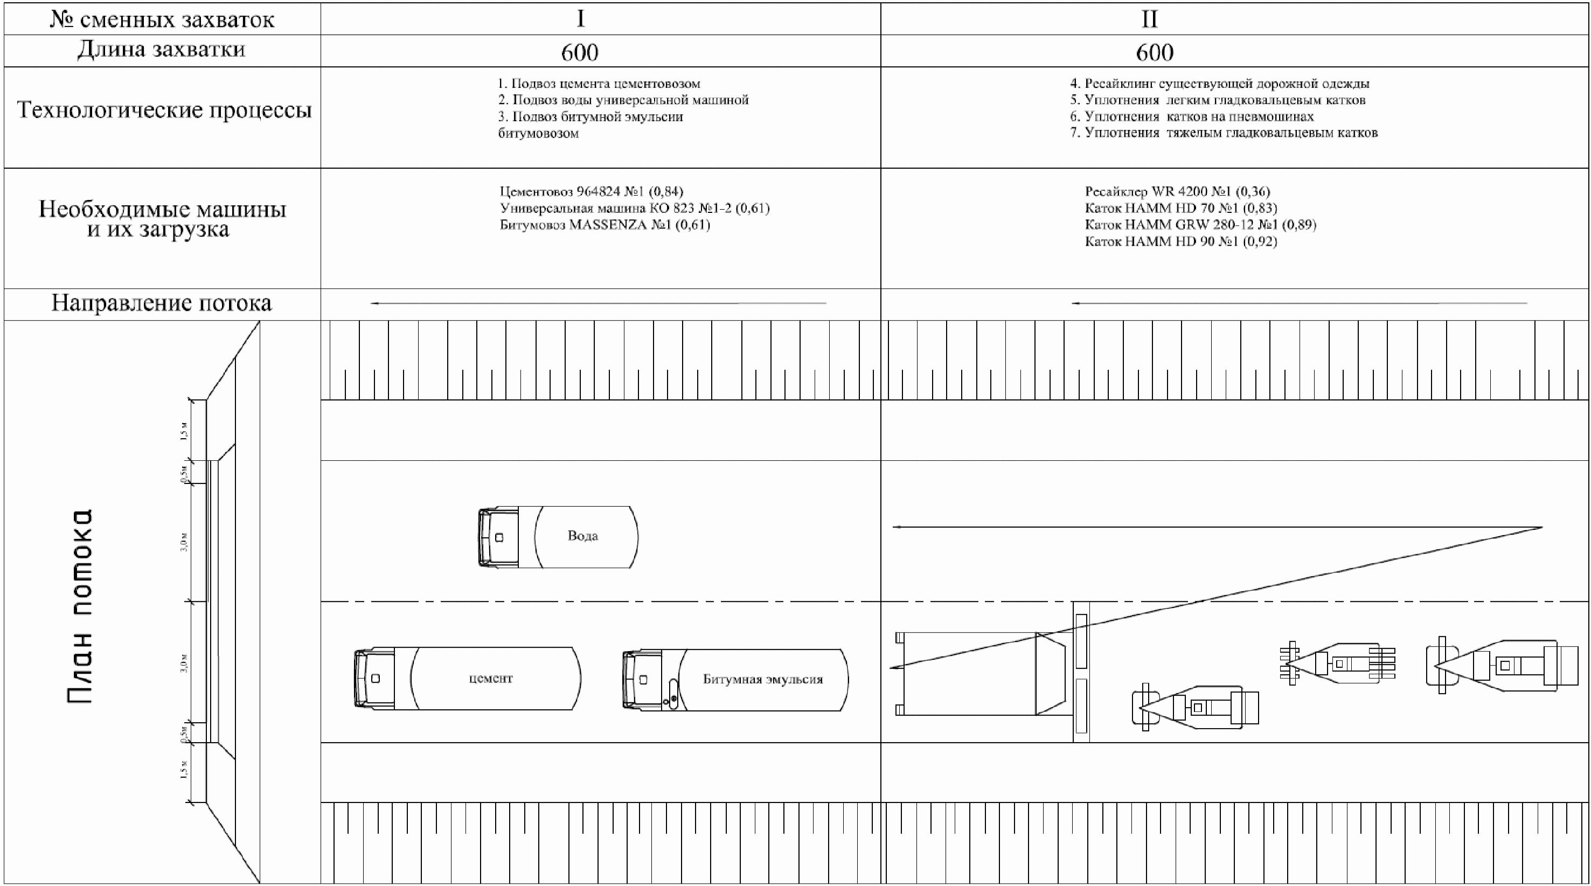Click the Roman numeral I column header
tap(580, 19)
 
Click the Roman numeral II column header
tap(1149, 19)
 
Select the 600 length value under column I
tap(579, 52)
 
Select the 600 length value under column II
tap(1155, 52)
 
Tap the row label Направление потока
tap(161, 303)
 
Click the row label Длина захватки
tap(161, 49)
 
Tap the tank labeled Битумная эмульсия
tap(763, 680)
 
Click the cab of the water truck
tap(497, 537)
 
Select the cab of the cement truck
tap(374, 679)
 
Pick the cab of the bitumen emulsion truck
tap(642, 680)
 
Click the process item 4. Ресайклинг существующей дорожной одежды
tap(1219, 84)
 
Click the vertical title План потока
tap(80, 606)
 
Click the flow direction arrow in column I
tap(598, 303)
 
